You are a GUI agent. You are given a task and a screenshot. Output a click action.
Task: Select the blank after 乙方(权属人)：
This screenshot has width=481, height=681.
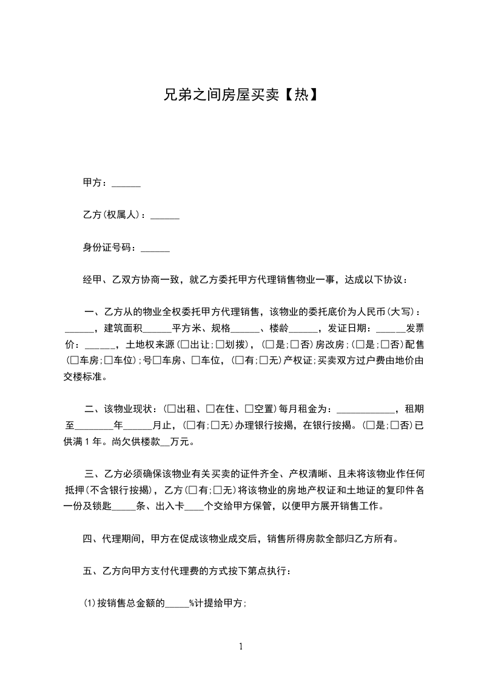164,215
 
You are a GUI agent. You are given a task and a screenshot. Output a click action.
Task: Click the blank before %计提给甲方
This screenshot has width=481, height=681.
177,603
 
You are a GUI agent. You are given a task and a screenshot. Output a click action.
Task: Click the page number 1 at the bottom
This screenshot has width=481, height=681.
241,646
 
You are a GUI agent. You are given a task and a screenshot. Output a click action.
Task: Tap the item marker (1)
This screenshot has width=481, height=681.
89,603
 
